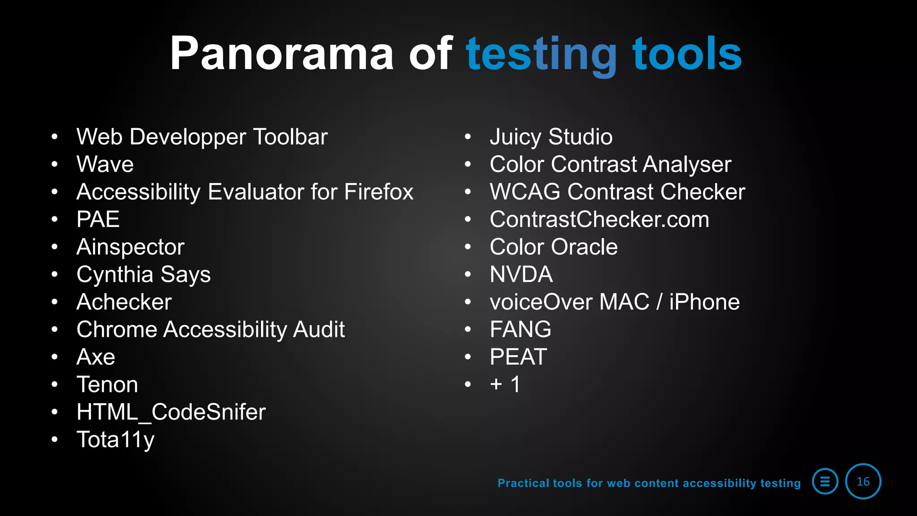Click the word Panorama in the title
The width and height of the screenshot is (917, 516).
coord(281,54)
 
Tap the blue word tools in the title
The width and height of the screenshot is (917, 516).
coord(687,54)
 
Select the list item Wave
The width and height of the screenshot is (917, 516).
coord(105,164)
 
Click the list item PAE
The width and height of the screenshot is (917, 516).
coord(98,219)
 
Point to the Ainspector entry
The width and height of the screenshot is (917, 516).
coord(130,247)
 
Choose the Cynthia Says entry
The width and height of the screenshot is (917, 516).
coord(143,275)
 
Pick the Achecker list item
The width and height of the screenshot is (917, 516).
coord(124,302)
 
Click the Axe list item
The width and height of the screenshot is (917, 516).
coord(96,357)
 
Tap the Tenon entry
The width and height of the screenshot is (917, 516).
coord(107,385)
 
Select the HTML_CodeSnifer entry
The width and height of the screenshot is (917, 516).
coord(171,412)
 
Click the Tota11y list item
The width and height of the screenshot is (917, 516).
coord(116,440)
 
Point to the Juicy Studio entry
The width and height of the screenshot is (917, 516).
coord(551,137)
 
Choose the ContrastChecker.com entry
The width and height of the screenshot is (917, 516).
coord(599,219)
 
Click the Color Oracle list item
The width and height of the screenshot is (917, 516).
coord(553,247)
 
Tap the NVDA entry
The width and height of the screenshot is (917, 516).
coord(521,275)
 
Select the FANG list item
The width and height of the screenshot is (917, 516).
coord(520,330)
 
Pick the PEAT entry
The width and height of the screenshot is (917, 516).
coord(518,357)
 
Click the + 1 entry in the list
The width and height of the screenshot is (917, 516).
coord(505,384)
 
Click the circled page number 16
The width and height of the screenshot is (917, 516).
coord(863,482)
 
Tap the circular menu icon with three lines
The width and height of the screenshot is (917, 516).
coord(825,482)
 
